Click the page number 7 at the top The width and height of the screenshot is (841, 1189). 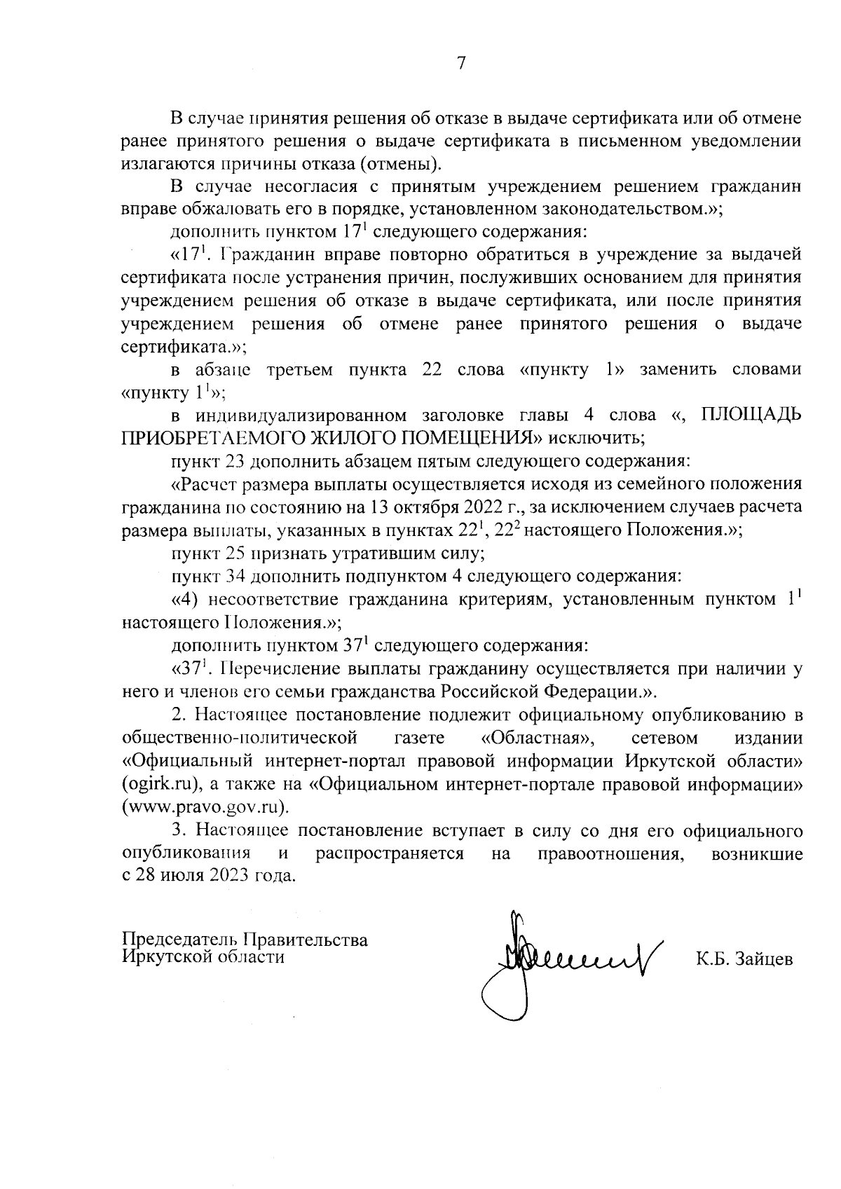pyautogui.click(x=460, y=63)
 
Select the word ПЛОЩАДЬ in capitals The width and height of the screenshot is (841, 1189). pyautogui.click(x=750, y=415)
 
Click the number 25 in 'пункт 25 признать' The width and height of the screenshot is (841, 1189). pyautogui.click(x=235, y=554)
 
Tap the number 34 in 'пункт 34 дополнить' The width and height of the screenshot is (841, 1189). pyautogui.click(x=235, y=577)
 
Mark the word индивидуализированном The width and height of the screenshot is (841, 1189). pyautogui.click(x=303, y=415)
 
